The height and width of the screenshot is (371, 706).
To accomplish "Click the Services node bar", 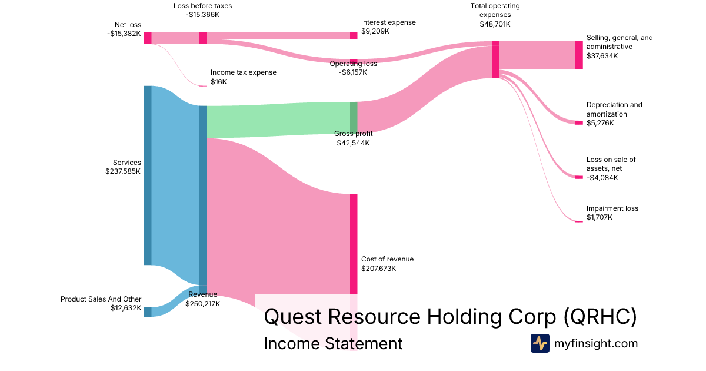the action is click(x=148, y=175).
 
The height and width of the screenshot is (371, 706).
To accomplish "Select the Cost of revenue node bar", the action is click(x=354, y=244).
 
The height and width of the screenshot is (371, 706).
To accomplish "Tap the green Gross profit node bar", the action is click(x=354, y=118).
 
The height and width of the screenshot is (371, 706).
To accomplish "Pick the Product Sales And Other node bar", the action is click(x=148, y=312).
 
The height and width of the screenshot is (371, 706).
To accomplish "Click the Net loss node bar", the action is click(x=148, y=38).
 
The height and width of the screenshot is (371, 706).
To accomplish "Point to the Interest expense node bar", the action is click(x=354, y=35).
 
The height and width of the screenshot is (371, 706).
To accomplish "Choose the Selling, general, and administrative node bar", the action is click(x=579, y=55).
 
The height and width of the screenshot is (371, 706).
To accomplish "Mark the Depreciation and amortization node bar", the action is click(x=579, y=122).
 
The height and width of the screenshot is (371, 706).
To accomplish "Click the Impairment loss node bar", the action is click(x=579, y=221).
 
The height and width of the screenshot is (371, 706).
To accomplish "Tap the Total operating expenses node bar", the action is click(x=495, y=59).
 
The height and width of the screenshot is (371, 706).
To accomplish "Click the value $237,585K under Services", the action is click(x=123, y=172).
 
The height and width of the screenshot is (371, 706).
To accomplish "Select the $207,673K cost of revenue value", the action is click(x=379, y=269).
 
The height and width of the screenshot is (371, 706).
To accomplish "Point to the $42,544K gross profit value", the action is click(x=353, y=143).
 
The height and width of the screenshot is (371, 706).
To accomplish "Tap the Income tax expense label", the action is click(x=243, y=72).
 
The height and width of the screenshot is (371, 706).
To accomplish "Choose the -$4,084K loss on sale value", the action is click(x=602, y=178).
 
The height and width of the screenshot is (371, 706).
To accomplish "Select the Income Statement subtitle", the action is click(x=333, y=343).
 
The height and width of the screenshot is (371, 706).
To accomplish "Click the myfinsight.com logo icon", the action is click(x=540, y=343).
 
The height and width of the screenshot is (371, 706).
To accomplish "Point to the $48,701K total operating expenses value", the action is click(x=495, y=25).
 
